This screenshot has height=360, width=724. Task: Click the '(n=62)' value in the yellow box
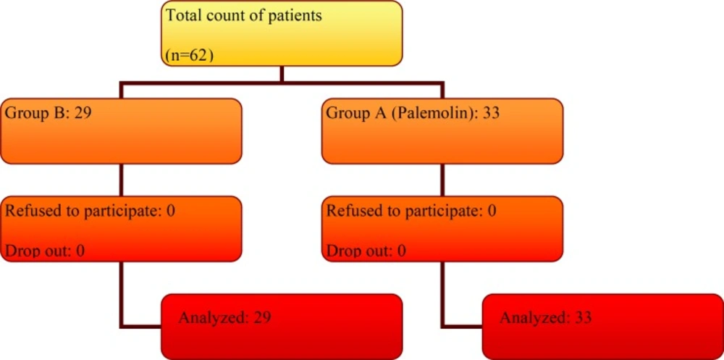(x=189, y=55)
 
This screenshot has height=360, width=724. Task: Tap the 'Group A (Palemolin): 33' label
(x=413, y=113)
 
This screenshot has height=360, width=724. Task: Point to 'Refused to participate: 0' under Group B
(x=90, y=211)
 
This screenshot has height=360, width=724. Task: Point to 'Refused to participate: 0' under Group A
(x=411, y=211)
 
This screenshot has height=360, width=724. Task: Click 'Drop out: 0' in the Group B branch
(x=44, y=251)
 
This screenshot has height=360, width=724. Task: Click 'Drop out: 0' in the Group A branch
(x=366, y=251)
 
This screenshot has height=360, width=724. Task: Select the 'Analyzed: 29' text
(x=224, y=317)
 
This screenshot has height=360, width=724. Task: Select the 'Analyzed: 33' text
(x=545, y=317)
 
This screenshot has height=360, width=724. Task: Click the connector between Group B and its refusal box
(x=121, y=180)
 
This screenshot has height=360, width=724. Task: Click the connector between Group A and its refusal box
(x=443, y=180)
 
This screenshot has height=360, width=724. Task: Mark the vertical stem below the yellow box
(x=282, y=75)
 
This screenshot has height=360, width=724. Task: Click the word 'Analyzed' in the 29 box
(x=210, y=318)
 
